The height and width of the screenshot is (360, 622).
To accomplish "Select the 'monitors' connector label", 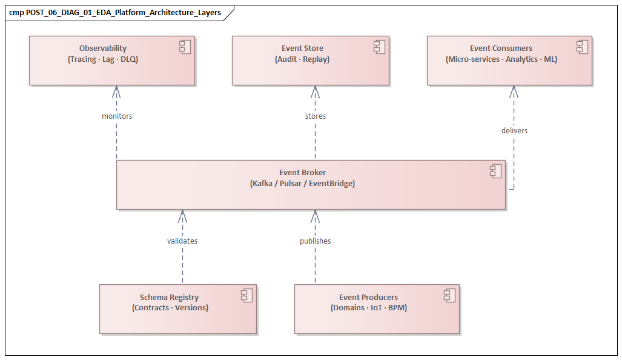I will (117, 116).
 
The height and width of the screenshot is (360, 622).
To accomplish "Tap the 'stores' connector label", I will (315, 116).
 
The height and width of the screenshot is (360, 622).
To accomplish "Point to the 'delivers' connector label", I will (514, 130).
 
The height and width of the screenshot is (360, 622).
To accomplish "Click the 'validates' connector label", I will (182, 241).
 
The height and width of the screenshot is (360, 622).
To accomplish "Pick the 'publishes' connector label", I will (315, 241).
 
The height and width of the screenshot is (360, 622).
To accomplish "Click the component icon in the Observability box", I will (185, 47).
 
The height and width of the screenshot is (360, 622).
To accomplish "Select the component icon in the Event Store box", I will (379, 47).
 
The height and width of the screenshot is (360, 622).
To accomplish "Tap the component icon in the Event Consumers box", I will (582, 47).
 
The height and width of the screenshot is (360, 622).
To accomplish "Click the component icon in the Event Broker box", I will (495, 171).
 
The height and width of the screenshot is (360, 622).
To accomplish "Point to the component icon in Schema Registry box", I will (246, 296).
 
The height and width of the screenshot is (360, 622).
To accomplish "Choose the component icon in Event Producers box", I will (449, 296).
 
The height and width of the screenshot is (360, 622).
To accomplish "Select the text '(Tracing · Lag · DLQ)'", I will (103, 59).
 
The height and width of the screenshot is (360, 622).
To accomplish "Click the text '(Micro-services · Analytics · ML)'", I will (501, 59).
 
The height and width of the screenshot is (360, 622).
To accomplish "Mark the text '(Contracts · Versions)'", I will (170, 308).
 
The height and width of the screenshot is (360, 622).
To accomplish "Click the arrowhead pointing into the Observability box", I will (116, 90).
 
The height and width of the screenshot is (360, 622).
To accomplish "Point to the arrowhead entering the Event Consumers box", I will (514, 90).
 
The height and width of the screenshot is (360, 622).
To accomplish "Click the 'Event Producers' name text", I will (368, 298).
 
